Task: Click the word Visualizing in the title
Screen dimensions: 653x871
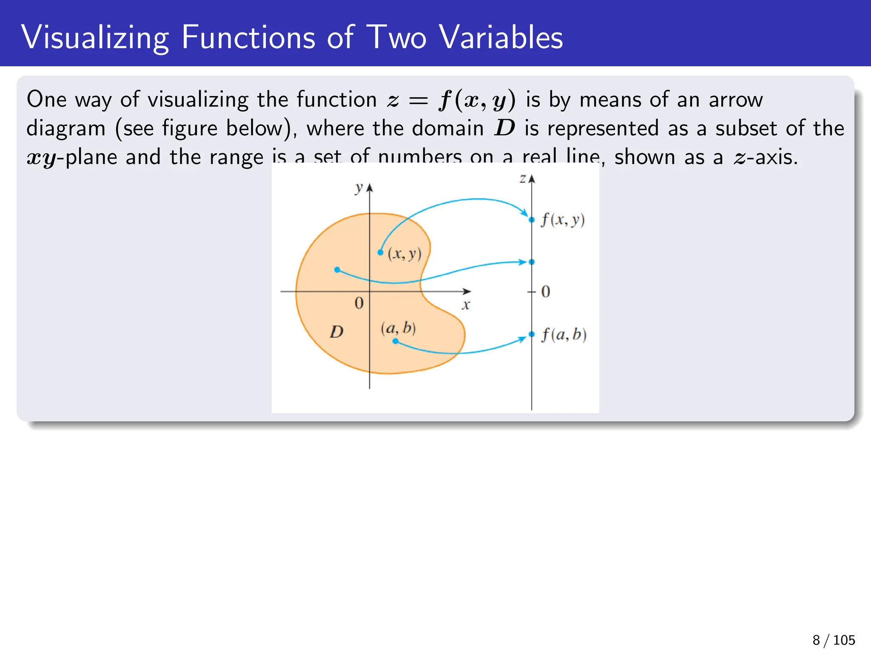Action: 95,38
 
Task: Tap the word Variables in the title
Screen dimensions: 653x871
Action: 501,37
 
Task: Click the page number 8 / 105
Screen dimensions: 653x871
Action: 833,640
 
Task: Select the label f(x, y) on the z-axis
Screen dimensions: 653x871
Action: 563,220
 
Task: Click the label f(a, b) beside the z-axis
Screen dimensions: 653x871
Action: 564,335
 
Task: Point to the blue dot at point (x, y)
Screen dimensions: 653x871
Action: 380,253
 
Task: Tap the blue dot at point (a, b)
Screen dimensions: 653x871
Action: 395,341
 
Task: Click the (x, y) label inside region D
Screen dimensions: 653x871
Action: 404,254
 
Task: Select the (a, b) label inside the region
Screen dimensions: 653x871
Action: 398,328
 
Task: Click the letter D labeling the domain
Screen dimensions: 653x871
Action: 336,332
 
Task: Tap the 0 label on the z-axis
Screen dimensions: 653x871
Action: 545,292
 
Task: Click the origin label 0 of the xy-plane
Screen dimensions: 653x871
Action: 359,303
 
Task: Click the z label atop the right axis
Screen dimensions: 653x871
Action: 523,179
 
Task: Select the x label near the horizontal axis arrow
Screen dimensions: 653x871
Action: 466,305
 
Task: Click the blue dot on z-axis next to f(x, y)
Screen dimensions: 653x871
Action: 532,220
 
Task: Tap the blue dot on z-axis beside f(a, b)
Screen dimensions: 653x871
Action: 532,334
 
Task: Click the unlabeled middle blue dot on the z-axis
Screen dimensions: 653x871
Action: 532,262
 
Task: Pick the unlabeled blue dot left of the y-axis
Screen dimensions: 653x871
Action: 337,270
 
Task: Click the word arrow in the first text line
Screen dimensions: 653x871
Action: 735,100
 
